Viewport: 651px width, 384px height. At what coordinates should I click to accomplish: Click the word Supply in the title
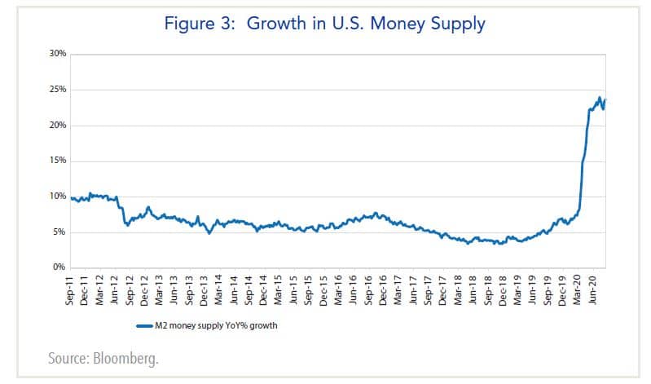[455, 24]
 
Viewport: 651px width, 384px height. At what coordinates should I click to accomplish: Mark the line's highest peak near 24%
[600, 98]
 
